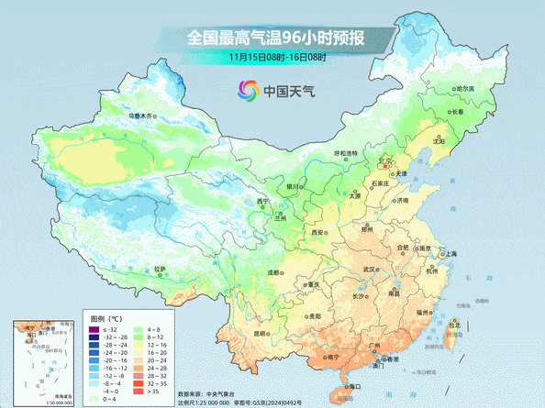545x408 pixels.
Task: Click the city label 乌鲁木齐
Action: click(x=142, y=116)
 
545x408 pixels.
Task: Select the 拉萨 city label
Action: click(x=161, y=269)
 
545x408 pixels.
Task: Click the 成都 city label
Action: click(x=273, y=272)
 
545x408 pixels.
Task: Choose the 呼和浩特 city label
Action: click(x=346, y=153)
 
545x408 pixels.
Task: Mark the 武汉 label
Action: click(x=371, y=270)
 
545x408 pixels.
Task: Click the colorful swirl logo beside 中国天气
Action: click(x=248, y=90)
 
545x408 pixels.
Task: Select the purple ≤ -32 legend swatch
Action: click(x=94, y=328)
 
